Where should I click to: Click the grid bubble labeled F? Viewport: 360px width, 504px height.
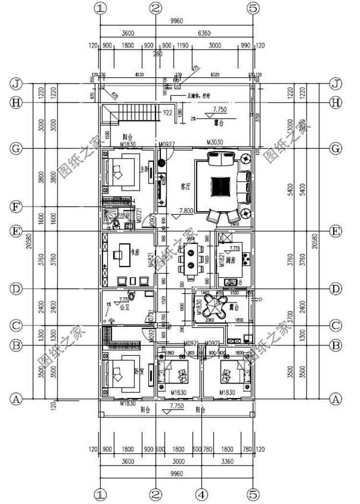pos(16,208)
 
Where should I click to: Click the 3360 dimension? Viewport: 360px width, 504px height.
pos(227,461)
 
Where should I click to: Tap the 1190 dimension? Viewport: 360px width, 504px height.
pos(183,46)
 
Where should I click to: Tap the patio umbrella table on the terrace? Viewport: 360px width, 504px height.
pos(215,304)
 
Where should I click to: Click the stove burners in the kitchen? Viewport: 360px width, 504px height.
pos(246,259)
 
